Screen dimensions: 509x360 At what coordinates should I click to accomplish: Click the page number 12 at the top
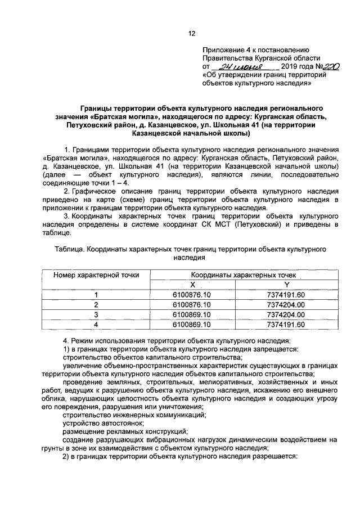click(x=191, y=34)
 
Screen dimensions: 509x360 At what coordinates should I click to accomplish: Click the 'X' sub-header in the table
click(x=192, y=285)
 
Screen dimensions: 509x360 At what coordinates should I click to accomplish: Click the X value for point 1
click(x=192, y=295)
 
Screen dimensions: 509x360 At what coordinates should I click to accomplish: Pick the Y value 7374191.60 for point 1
click(x=286, y=295)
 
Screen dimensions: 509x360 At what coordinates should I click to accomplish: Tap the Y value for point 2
click(x=286, y=305)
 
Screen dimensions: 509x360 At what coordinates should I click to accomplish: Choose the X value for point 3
click(x=192, y=314)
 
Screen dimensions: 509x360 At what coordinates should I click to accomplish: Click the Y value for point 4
click(x=286, y=325)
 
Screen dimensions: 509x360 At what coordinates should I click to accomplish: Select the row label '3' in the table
click(x=96, y=314)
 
